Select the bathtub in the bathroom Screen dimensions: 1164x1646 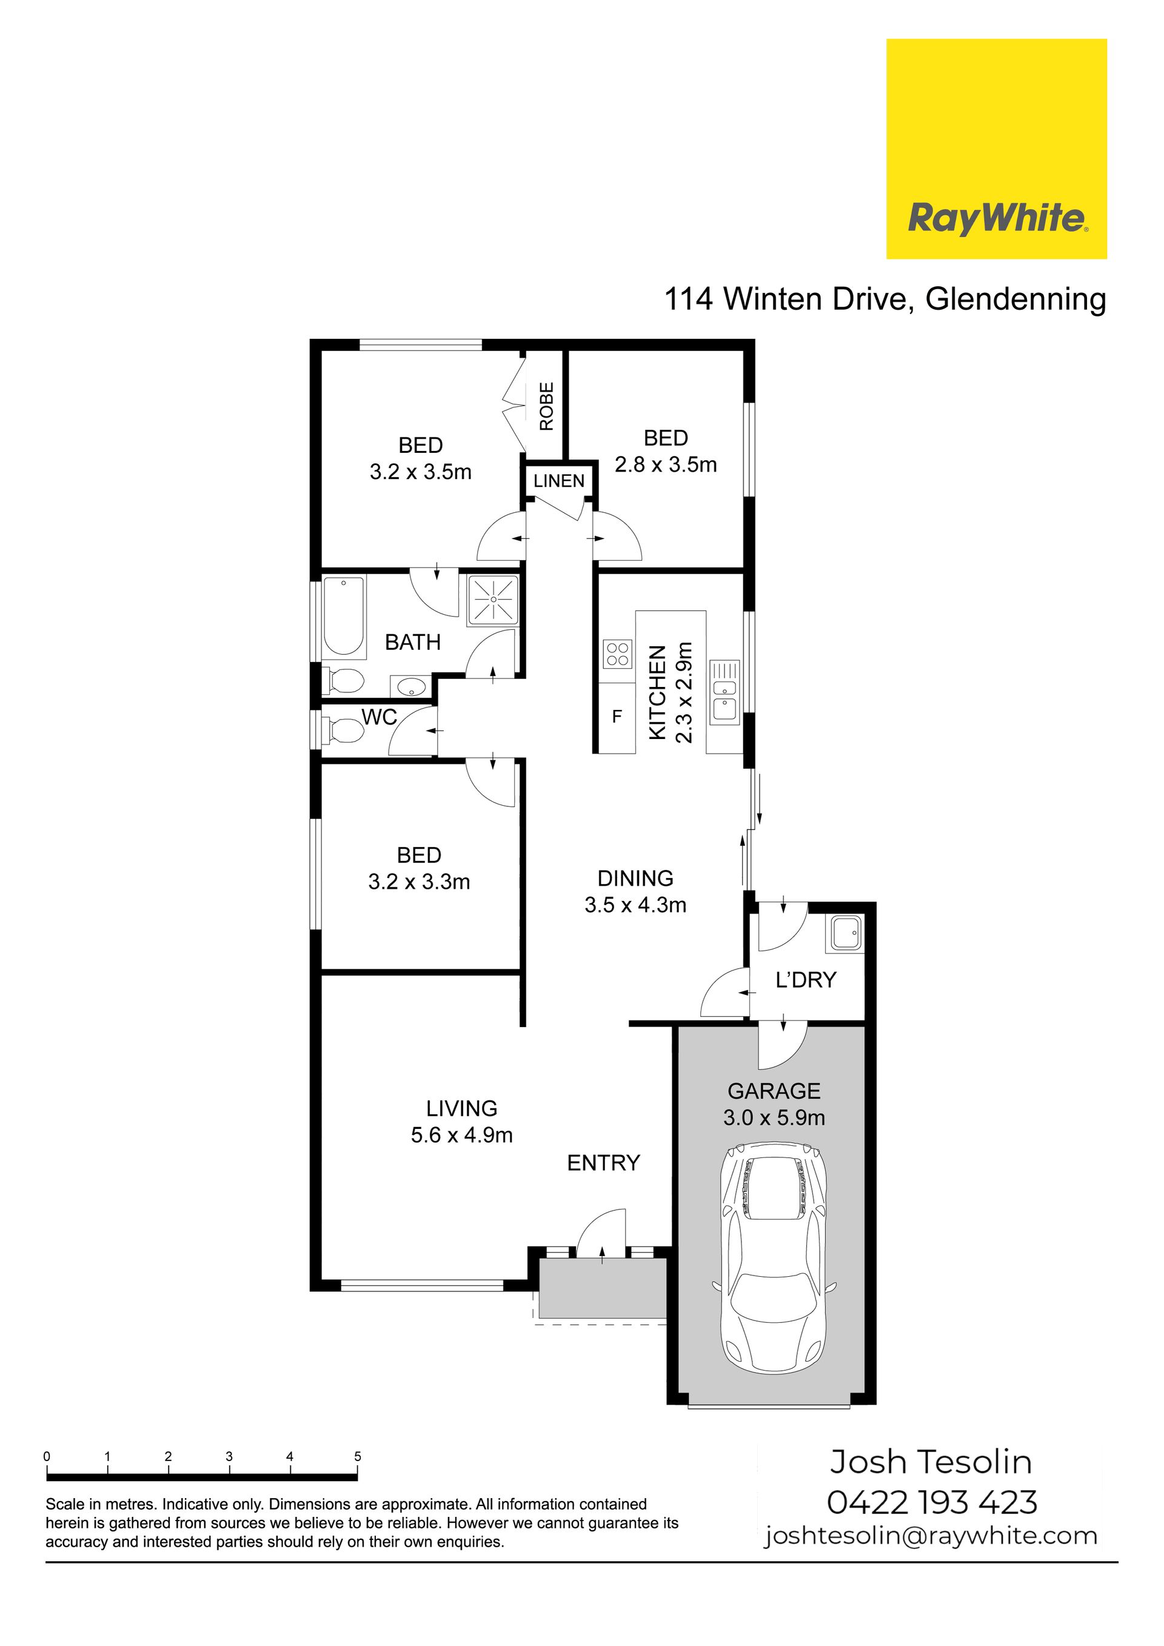pyautogui.click(x=343, y=616)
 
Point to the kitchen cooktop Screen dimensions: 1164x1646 pyautogui.click(x=617, y=653)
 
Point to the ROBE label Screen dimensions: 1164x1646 pyautogui.click(x=547, y=406)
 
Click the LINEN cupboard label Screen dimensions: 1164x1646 pyautogui.click(x=559, y=481)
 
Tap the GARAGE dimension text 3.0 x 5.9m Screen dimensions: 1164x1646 pyautogui.click(x=774, y=1118)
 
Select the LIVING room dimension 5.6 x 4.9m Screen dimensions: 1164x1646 pyautogui.click(x=461, y=1135)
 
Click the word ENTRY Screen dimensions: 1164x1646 pyautogui.click(x=603, y=1163)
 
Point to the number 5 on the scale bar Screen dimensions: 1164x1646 pyautogui.click(x=358, y=1456)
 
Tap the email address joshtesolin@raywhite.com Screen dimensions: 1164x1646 pyautogui.click(x=931, y=1536)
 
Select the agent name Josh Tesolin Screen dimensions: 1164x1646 pyautogui.click(x=931, y=1462)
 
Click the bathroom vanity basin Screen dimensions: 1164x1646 pyautogui.click(x=410, y=686)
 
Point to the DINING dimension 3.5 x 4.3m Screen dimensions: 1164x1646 pyautogui.click(x=635, y=905)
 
